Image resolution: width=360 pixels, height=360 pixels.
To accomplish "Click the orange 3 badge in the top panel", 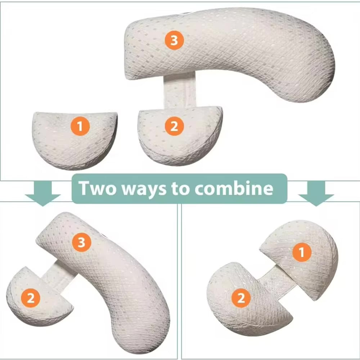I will point(174,40).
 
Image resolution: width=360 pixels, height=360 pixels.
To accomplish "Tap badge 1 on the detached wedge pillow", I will point(80,126).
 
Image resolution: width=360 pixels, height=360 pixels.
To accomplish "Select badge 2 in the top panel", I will point(174,126).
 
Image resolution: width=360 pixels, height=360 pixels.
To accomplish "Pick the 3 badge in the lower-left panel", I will point(81,243).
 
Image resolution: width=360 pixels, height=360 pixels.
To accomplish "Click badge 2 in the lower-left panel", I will point(31,298).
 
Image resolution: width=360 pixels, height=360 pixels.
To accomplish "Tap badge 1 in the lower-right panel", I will point(301,253).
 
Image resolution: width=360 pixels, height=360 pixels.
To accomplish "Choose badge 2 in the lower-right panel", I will point(240,298).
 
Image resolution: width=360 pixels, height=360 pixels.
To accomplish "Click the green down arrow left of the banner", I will point(43,193).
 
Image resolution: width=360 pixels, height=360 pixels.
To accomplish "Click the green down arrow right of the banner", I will point(316,193).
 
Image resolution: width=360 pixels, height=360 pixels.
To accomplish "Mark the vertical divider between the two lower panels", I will point(179,281).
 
